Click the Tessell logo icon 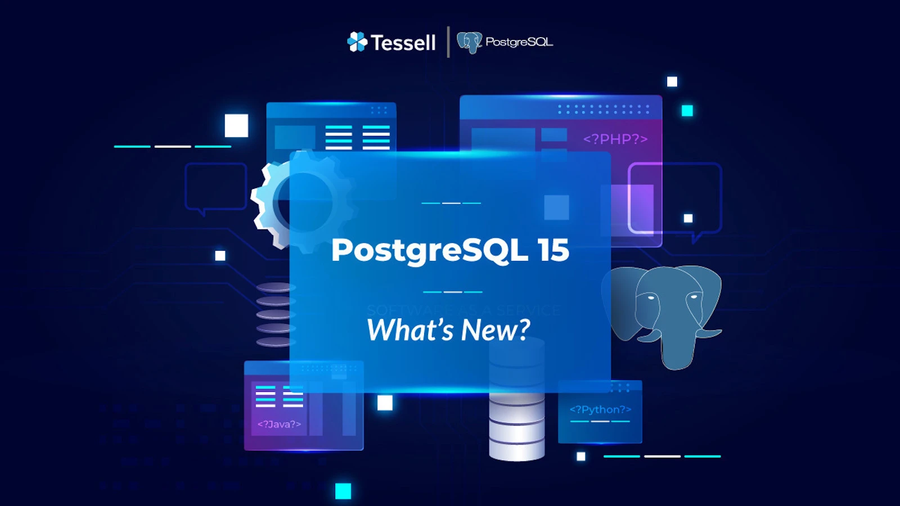point(357,42)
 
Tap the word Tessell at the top point(403,43)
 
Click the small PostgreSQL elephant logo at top point(469,42)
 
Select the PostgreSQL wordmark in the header point(519,42)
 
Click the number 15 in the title point(553,250)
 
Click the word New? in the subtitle point(496,330)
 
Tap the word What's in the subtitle point(410,330)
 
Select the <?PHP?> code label point(615,139)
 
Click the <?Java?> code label point(279,424)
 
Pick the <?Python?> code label point(600,409)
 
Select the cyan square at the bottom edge point(343,491)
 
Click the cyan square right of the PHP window point(687,111)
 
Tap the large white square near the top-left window point(236,125)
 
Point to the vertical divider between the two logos point(448,42)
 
